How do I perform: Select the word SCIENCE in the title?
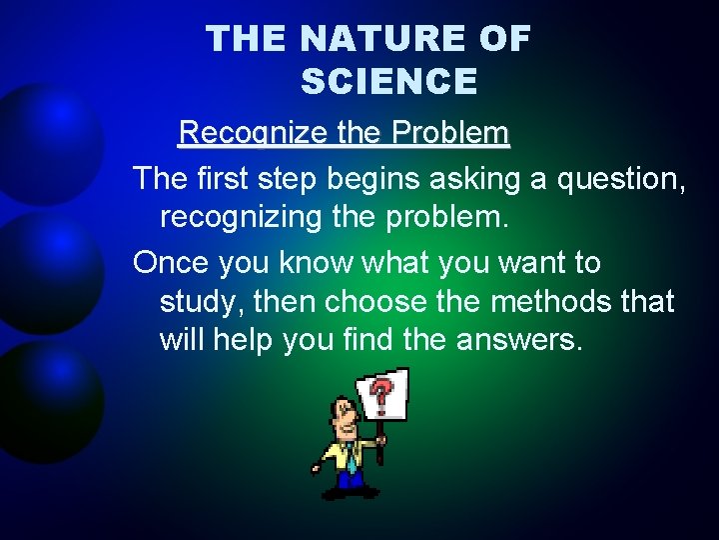(x=388, y=82)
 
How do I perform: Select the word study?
(x=201, y=301)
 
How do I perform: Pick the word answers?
(x=518, y=340)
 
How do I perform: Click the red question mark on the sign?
(x=381, y=394)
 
